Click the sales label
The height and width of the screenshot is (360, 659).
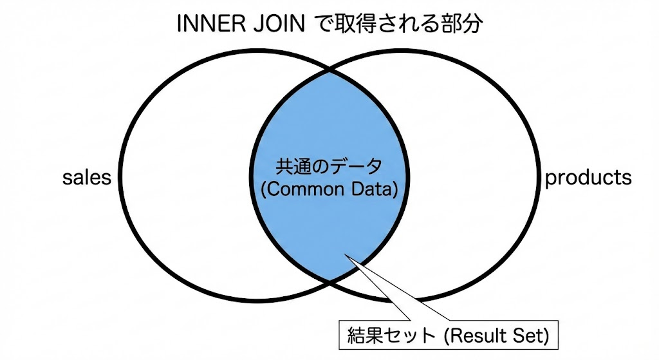86,178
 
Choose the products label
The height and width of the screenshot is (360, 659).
588,178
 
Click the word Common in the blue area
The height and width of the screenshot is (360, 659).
308,190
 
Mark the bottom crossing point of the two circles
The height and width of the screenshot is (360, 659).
329,281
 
